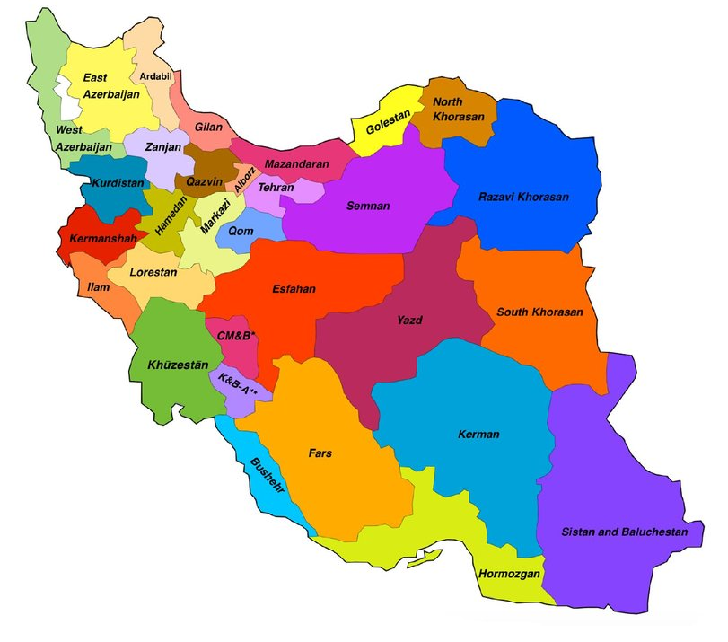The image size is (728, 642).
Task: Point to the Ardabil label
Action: (x=155, y=75)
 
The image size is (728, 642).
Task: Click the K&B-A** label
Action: (x=238, y=385)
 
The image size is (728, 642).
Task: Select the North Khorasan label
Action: (x=459, y=110)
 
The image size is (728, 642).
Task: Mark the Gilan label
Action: (x=208, y=128)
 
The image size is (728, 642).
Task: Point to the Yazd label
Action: (x=410, y=320)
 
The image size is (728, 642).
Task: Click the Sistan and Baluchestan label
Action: (x=625, y=532)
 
